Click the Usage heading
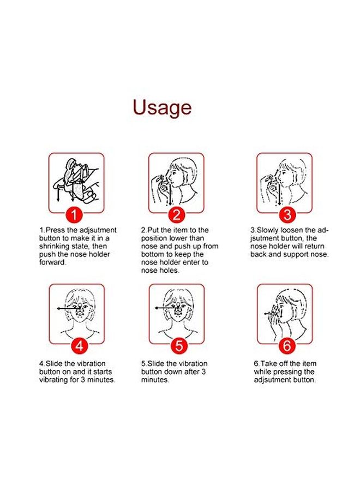click(x=163, y=107)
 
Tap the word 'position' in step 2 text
click(x=156, y=238)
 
